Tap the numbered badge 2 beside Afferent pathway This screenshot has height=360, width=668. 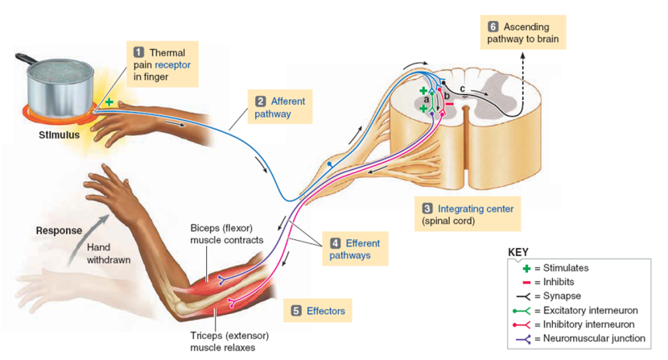pyautogui.click(x=260, y=101)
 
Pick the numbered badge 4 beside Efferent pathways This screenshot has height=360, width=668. pyautogui.click(x=335, y=243)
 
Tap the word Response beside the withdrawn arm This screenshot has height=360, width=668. pyautogui.click(x=59, y=230)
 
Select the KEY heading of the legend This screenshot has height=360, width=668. pyautogui.click(x=518, y=253)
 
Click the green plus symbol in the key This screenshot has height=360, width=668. pyautogui.click(x=528, y=268)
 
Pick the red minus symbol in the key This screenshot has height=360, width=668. pyautogui.click(x=528, y=282)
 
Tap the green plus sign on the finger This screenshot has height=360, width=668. pyautogui.click(x=108, y=102)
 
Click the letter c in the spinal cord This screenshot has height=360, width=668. pyautogui.click(x=462, y=87)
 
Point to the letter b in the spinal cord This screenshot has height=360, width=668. pyautogui.click(x=447, y=97)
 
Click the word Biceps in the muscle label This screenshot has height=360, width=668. pyautogui.click(x=204, y=227)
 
